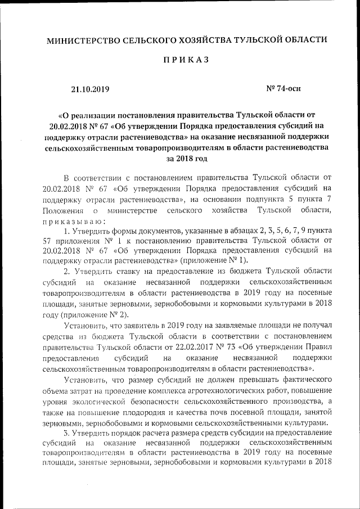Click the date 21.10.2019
[x=90, y=89]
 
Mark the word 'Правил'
[x=319, y=348]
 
